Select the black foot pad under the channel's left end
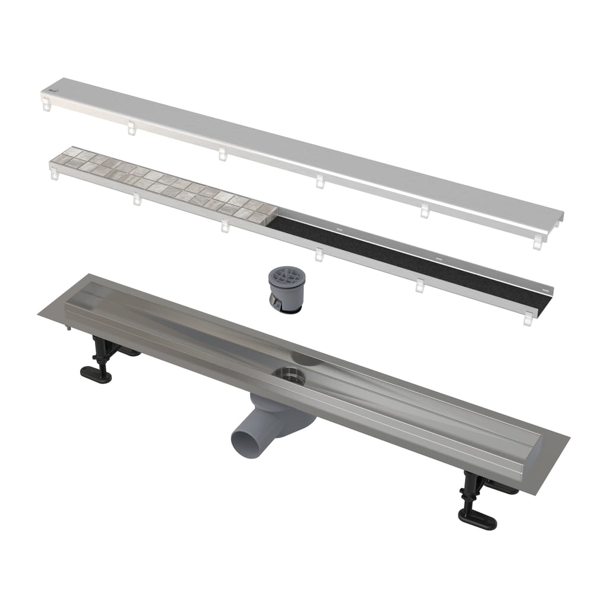[96, 375]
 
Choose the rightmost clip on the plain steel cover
[537, 242]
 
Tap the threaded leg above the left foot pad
[98, 350]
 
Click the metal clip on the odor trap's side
[274, 303]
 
